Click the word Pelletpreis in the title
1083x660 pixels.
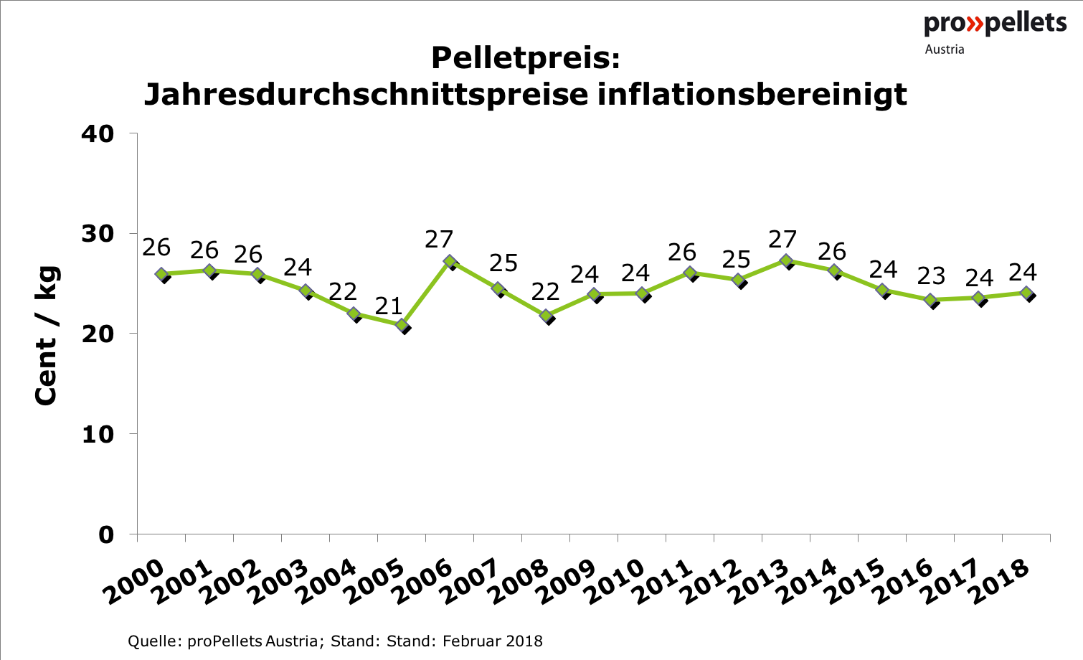pos(525,58)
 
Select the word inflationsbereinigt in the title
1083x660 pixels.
pos(752,94)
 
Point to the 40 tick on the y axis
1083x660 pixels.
pos(97,134)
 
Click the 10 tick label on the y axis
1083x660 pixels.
pos(97,435)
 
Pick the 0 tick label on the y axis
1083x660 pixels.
pos(106,534)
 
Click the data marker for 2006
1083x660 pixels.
pos(450,262)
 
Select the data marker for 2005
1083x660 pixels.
pos(402,326)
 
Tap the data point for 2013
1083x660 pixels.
pos(786,261)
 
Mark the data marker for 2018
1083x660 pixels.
pos(1026,293)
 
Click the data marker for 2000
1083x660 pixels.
pos(162,275)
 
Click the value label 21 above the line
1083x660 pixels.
pos(389,306)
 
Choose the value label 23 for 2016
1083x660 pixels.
pos(931,276)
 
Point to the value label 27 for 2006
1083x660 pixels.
pos(439,240)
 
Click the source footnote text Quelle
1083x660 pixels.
pos(155,641)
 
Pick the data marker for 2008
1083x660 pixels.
pos(547,316)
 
